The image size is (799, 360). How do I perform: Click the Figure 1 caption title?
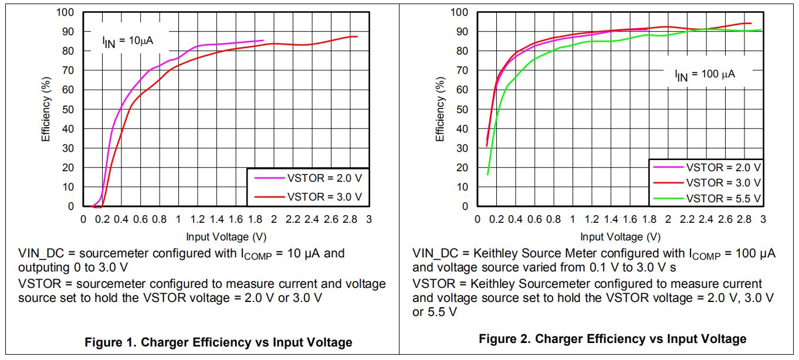(218, 342)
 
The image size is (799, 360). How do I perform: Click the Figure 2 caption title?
(612, 339)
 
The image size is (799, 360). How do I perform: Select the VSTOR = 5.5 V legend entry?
(723, 198)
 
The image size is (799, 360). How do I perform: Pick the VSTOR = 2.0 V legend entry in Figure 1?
(324, 177)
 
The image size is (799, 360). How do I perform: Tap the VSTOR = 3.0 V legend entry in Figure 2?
(723, 183)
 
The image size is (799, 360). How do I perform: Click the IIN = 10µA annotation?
(129, 41)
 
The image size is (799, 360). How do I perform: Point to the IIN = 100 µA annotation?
(705, 74)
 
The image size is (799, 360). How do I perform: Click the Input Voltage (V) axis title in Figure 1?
(226, 237)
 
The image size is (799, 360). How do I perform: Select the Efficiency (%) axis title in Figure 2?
(441, 109)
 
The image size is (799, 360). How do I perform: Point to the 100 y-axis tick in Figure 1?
(66, 12)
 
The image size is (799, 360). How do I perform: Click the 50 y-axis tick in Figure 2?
(462, 109)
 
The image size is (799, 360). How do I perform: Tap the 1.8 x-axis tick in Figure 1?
(255, 219)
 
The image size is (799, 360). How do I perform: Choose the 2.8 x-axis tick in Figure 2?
(744, 219)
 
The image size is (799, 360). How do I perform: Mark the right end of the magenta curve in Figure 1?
(263, 40)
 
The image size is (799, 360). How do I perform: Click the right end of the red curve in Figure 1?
(357, 37)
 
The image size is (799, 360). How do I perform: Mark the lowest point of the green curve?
(487, 174)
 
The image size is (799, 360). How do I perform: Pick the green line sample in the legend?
(668, 198)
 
